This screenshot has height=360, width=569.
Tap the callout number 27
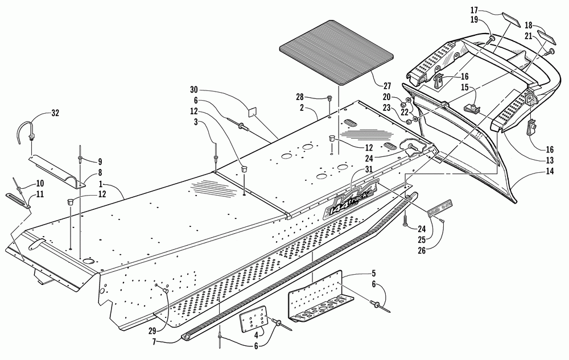[387, 86]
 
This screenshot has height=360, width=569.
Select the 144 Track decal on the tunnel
[348, 201]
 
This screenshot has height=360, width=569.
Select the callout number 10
[40, 183]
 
